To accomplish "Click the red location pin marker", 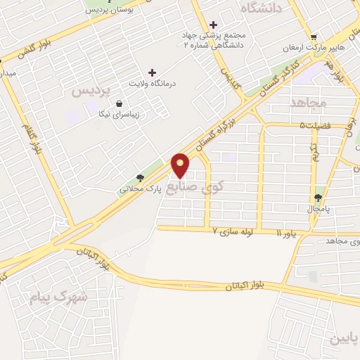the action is tap(181, 165).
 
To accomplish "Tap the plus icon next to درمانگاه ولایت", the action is tap(152, 72).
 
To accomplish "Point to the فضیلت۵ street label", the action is tap(316, 127).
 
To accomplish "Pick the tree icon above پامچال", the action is tap(319, 198).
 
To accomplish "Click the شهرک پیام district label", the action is tap(58, 297).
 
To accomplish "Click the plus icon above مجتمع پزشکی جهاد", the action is tap(213, 25).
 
